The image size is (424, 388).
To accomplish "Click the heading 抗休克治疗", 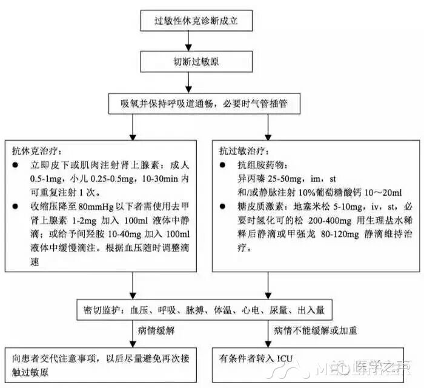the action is [x=37, y=151].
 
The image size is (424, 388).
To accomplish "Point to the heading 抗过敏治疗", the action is [x=244, y=151].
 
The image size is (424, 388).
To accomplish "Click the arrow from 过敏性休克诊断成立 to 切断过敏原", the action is [x=188, y=41].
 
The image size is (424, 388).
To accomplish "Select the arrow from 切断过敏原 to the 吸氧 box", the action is [x=188, y=83].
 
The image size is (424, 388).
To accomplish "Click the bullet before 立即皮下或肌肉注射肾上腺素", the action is [x=15, y=165].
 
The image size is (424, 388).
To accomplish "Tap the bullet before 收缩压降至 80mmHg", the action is [x=15, y=207].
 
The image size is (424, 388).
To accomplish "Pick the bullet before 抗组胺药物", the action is [x=222, y=165].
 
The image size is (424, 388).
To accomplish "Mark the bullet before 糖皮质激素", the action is [x=222, y=207].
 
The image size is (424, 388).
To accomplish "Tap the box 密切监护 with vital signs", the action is [x=205, y=310].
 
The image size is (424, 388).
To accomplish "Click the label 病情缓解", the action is [x=156, y=330].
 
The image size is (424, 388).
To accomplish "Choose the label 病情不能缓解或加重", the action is [x=316, y=330].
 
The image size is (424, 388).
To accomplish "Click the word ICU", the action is [x=285, y=359].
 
